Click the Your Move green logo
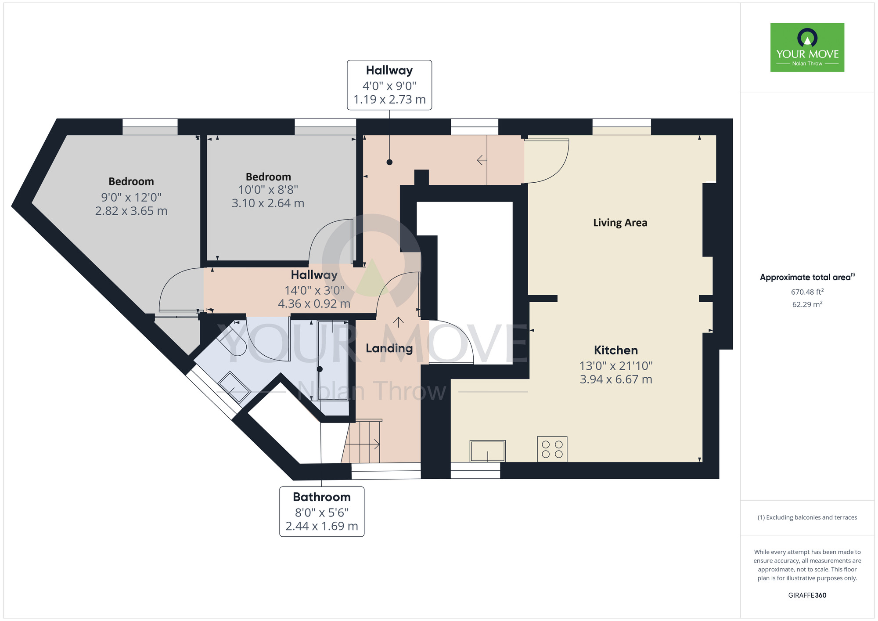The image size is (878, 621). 807,47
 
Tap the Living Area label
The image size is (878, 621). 620,223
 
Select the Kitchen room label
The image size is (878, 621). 615,350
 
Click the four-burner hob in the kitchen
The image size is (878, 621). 552,449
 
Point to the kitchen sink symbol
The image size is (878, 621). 487,451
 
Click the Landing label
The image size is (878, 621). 389,348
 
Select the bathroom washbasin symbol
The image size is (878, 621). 234,387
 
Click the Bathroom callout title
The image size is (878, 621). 322,497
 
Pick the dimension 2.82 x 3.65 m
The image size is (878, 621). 131,211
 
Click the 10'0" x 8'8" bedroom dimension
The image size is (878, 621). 268,190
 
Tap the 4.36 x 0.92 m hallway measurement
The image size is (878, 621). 314,303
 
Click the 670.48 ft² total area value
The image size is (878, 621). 807,292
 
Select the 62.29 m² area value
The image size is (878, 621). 807,304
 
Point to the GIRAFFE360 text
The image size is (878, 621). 807,595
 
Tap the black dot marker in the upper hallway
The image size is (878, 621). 389,162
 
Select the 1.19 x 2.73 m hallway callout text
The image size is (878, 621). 389,100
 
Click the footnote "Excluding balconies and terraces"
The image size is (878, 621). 807,517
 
